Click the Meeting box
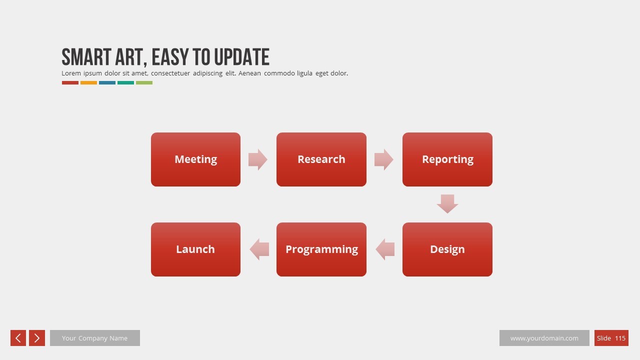point(195,159)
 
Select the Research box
point(321,159)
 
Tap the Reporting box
point(447,159)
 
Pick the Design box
point(447,249)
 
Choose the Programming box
point(321,249)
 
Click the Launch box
point(195,249)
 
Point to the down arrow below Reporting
point(447,203)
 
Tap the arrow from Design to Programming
point(385,249)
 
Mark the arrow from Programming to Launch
point(259,249)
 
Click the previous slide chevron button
point(18,338)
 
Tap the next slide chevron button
point(37,338)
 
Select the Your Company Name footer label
point(95,338)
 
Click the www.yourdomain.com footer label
point(544,338)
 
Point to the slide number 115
point(620,338)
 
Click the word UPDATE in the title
point(242,57)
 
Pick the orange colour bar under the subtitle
point(88,83)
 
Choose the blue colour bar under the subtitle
point(107,83)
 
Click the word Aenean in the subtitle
point(249,73)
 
